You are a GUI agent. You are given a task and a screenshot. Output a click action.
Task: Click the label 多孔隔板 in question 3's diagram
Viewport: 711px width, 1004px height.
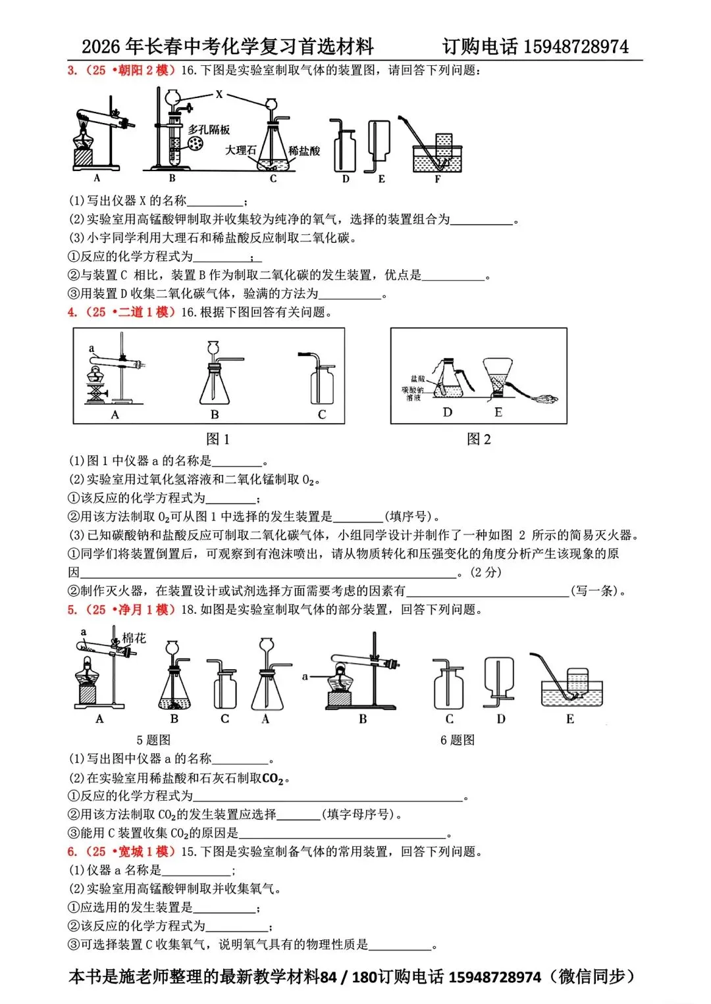[209, 130]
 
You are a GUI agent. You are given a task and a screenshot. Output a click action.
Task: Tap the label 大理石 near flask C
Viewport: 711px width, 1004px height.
[240, 150]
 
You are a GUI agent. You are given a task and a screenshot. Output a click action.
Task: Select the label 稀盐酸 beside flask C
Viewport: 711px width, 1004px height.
[304, 151]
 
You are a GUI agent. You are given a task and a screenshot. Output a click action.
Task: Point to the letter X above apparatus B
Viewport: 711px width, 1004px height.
[219, 95]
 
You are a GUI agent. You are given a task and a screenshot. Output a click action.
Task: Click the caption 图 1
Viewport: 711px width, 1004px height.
[218, 439]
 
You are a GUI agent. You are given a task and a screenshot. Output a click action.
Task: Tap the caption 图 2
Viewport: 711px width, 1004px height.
[479, 439]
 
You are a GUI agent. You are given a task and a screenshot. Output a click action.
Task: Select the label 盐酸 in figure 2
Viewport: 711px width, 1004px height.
[417, 379]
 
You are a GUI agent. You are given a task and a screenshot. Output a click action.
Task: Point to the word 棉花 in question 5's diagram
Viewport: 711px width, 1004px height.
[134, 638]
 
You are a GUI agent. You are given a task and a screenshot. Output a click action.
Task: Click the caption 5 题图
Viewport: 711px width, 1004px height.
[153, 740]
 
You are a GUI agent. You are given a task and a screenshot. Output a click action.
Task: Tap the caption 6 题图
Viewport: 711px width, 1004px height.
[458, 740]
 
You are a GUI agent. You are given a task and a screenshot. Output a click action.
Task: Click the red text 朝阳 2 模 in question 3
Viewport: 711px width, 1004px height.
[144, 70]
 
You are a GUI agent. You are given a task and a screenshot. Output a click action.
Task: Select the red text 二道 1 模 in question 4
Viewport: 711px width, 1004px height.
[144, 312]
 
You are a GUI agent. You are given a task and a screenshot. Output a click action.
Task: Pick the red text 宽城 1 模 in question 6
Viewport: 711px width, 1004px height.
[144, 851]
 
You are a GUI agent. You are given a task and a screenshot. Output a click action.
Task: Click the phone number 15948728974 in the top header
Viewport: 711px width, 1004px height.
[576, 47]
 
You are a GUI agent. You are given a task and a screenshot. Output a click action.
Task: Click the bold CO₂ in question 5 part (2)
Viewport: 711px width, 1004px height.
[272, 778]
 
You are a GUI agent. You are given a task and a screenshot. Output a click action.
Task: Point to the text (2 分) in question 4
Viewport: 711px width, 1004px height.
[487, 572]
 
